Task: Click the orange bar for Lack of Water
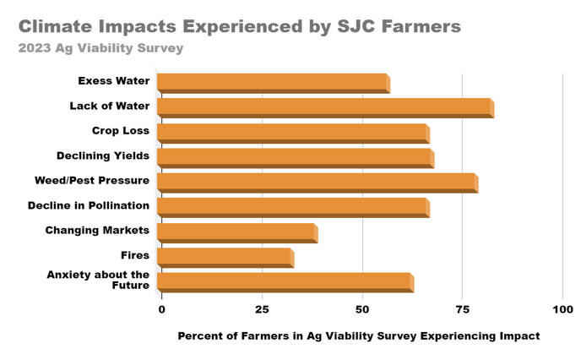pos(325,107)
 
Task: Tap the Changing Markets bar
pos(236,232)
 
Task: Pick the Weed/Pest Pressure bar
pos(318,183)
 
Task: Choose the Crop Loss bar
pos(293,133)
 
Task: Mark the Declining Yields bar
pos(295,157)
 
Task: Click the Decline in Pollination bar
pos(293,207)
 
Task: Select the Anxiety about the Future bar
pos(285,282)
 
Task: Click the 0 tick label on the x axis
pos(161,309)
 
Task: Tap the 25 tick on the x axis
pos(263,309)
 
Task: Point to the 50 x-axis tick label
pos(362,309)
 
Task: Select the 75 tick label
pos(462,309)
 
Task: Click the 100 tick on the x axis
pos(562,309)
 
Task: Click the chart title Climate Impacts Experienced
pos(240,26)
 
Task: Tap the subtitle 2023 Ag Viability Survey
pos(100,48)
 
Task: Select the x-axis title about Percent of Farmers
pos(358,335)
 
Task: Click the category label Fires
pos(135,255)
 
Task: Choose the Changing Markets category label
pos(97,230)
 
